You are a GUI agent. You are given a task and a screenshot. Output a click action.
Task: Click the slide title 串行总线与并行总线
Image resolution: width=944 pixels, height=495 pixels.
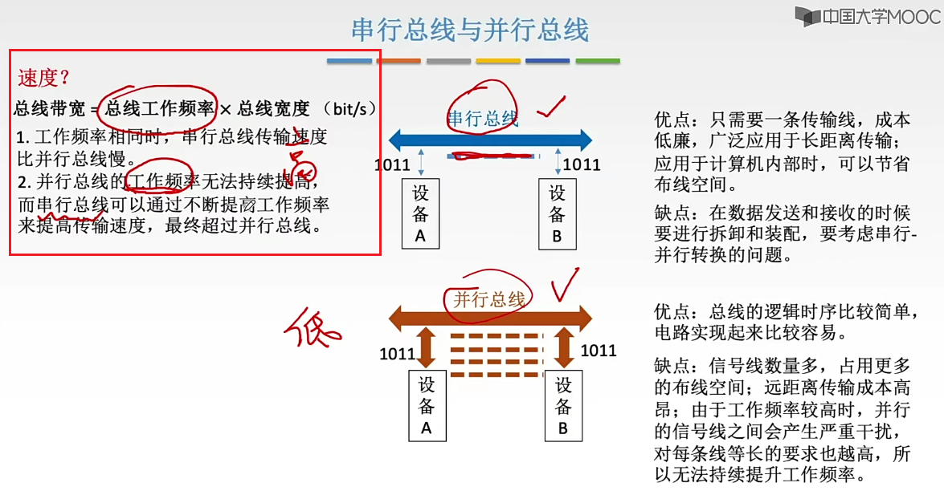[x=470, y=30]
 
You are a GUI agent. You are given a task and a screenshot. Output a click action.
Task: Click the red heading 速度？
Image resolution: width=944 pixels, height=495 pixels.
[x=43, y=78]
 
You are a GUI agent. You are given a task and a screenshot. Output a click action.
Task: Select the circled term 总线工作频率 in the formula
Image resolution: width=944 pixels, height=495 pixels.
[x=160, y=108]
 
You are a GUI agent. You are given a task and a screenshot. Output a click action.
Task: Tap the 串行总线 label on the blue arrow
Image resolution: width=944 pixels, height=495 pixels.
[x=482, y=120]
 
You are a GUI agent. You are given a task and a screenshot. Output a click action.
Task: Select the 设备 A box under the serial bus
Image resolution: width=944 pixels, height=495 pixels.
[x=420, y=213]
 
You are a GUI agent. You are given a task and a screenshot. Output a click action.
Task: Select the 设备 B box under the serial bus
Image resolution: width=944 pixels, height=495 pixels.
[x=558, y=213]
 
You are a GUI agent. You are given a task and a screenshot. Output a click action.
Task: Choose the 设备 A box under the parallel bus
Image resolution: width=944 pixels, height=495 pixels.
[x=427, y=405]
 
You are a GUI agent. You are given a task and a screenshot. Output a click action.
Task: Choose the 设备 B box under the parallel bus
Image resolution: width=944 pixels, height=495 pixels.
[x=563, y=405]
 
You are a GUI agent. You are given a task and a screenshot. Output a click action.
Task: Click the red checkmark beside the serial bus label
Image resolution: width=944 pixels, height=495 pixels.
[x=551, y=107]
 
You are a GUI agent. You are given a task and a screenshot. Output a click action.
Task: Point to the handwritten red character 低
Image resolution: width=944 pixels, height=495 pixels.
[x=314, y=327]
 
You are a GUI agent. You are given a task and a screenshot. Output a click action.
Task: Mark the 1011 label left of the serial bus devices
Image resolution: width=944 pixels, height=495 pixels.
[x=394, y=165]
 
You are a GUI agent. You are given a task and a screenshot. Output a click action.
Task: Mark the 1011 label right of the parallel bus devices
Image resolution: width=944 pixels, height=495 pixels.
[x=598, y=351]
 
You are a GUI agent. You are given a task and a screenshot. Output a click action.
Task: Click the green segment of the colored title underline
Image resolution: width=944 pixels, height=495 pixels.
[x=598, y=61]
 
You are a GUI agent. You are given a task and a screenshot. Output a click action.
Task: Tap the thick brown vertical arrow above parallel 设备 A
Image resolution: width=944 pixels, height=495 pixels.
[x=427, y=351]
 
